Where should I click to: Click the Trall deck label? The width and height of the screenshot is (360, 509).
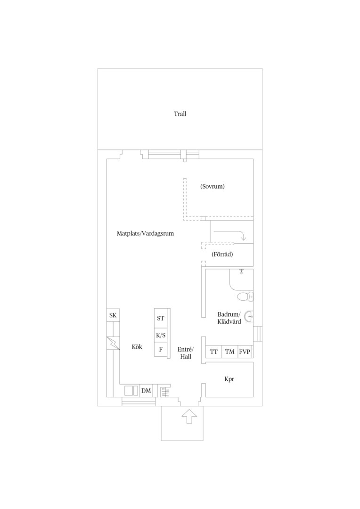(180, 114)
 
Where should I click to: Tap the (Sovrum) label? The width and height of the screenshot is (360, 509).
(213, 186)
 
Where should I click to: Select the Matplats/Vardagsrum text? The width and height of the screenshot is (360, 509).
(145, 233)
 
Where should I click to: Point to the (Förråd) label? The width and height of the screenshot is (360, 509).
(222, 254)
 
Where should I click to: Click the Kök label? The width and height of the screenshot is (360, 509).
(137, 347)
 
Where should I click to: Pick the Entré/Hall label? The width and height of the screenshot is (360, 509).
(185, 353)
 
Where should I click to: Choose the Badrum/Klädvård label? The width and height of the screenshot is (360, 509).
(229, 318)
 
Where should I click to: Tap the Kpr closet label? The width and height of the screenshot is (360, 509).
(229, 379)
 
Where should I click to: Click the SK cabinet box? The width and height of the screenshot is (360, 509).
(113, 315)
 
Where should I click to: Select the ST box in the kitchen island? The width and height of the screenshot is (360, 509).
(160, 318)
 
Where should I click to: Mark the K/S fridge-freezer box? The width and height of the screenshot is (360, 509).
(160, 336)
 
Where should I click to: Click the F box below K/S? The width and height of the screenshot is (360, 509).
(160, 350)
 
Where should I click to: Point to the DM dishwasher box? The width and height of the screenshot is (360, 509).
(146, 391)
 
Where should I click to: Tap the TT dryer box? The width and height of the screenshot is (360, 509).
(213, 352)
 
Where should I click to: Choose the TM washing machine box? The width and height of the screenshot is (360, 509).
(230, 352)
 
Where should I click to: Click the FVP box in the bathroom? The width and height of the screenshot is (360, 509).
(245, 352)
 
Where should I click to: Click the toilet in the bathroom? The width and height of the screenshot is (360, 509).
(245, 296)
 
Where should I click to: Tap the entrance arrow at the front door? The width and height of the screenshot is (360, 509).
(189, 416)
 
